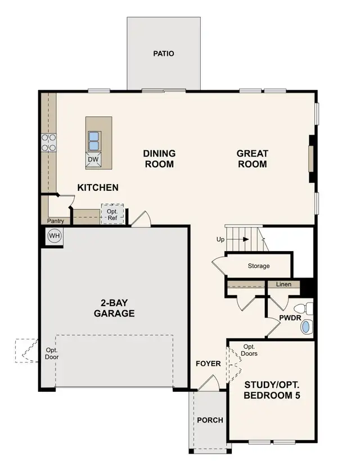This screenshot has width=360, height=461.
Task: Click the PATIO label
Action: click(x=164, y=54)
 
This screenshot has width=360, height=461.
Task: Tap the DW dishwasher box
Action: click(x=93, y=160)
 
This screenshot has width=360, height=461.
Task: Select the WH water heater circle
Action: click(x=55, y=236)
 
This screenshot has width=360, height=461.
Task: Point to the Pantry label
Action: click(x=55, y=221)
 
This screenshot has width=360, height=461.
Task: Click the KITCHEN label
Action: click(x=98, y=187)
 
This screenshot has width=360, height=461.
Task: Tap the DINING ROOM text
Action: click(x=159, y=159)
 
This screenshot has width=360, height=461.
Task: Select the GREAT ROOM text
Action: click(x=252, y=159)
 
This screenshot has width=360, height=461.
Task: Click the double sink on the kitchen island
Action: click(x=94, y=141)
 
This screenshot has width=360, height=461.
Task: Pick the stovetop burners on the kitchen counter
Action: click(x=48, y=142)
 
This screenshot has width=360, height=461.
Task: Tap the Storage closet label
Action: click(x=259, y=266)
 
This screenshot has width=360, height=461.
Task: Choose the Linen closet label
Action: click(x=284, y=284)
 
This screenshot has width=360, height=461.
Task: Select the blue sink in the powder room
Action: click(x=305, y=328)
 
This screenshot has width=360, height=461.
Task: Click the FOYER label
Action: click(x=208, y=364)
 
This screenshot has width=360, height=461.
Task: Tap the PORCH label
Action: click(x=210, y=420)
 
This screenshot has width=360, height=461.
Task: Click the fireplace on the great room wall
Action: click(x=310, y=159)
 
